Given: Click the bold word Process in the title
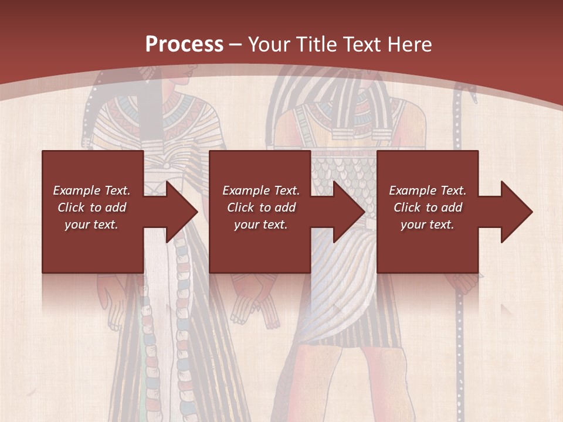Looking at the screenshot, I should pyautogui.click(x=184, y=45).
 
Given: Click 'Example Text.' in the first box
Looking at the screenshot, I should pyautogui.click(x=92, y=190).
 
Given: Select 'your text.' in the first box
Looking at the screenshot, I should pyautogui.click(x=92, y=224).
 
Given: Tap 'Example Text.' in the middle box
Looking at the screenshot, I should pyautogui.click(x=261, y=190).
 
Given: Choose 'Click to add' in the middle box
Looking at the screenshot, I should pyautogui.click(x=261, y=207).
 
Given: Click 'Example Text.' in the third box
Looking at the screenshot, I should pyautogui.click(x=428, y=190).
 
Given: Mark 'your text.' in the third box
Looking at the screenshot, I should pyautogui.click(x=428, y=224).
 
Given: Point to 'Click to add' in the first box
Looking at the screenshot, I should pyautogui.click(x=92, y=207).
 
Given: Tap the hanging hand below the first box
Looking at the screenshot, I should pyautogui.click(x=111, y=293).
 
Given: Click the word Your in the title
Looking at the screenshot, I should pyautogui.click(x=269, y=45).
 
